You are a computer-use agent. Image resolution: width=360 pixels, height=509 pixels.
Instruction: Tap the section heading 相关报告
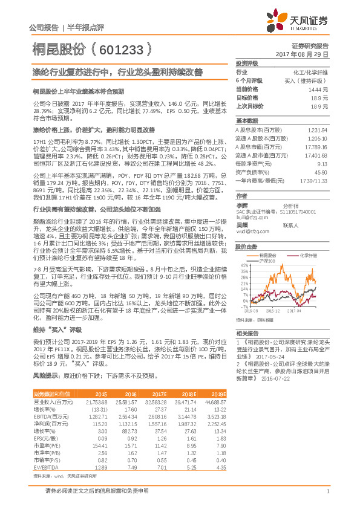(247, 333)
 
